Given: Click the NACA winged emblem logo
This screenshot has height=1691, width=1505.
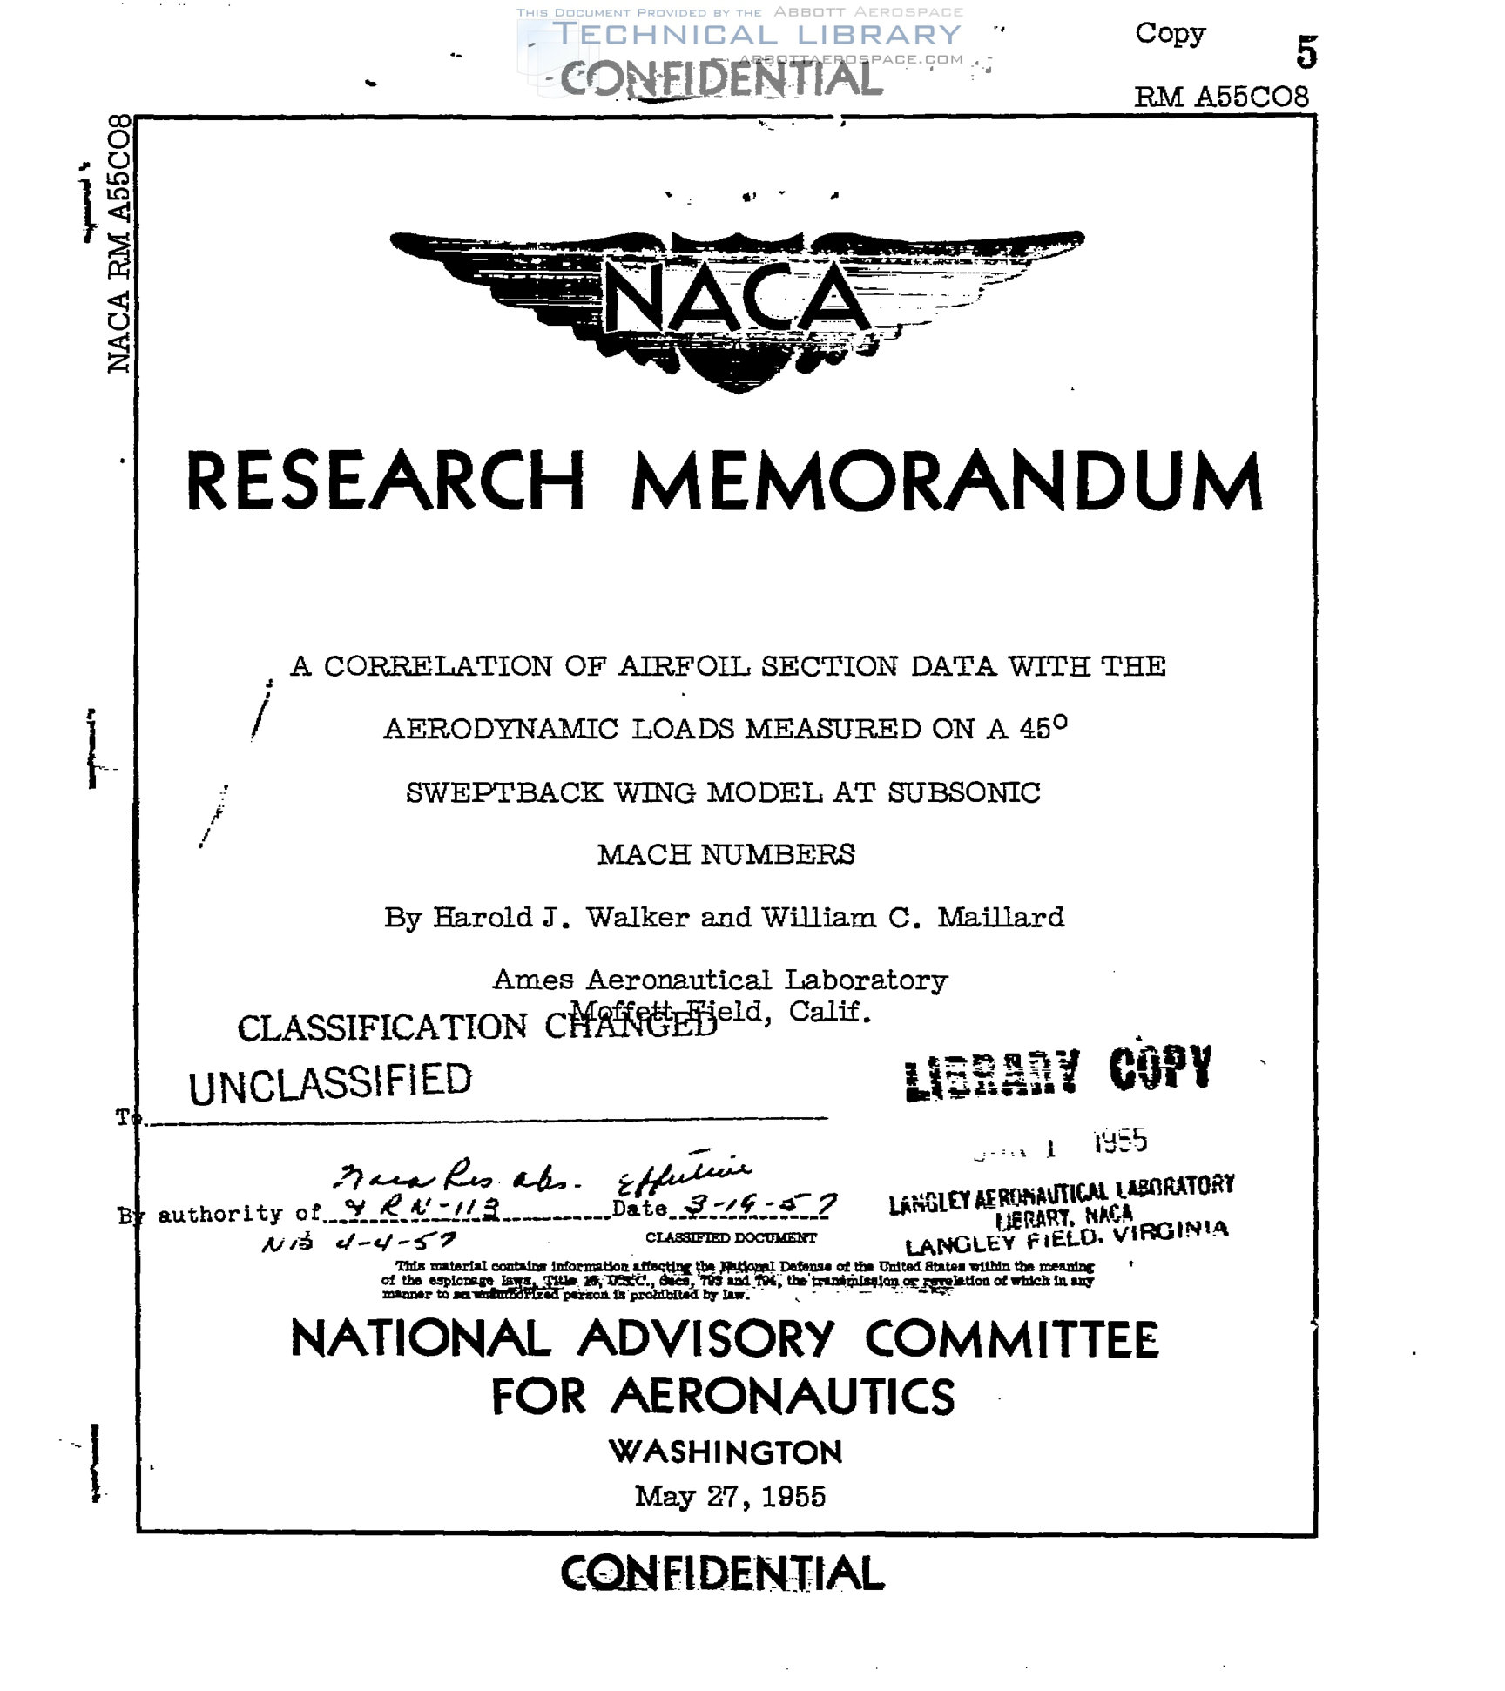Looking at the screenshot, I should [x=737, y=300].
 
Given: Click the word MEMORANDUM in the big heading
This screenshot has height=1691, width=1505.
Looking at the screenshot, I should [x=947, y=481].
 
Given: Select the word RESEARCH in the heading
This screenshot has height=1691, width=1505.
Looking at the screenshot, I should [x=385, y=481].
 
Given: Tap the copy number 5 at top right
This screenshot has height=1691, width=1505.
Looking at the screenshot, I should [x=1306, y=52].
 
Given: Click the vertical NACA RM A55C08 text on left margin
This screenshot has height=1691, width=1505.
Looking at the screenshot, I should [x=119, y=244].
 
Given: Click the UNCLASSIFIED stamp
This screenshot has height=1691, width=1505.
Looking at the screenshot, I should [x=330, y=1082].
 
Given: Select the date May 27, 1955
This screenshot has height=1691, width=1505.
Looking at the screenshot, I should [x=730, y=1496].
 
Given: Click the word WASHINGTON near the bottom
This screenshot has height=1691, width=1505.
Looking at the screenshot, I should [x=726, y=1452].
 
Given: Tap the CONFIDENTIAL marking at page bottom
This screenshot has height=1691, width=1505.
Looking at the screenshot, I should [x=722, y=1573].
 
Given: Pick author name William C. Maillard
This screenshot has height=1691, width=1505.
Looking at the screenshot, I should [x=913, y=917].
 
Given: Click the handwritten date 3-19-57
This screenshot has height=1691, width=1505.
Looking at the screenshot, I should [x=760, y=1205].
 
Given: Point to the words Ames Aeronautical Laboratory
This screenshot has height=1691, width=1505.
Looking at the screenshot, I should [x=719, y=980].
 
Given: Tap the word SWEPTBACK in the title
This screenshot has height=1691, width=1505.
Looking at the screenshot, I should [x=504, y=792].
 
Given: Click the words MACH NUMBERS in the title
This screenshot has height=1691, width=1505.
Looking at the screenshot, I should [x=726, y=854].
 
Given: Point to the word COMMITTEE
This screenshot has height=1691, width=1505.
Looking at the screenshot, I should [x=1011, y=1339].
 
